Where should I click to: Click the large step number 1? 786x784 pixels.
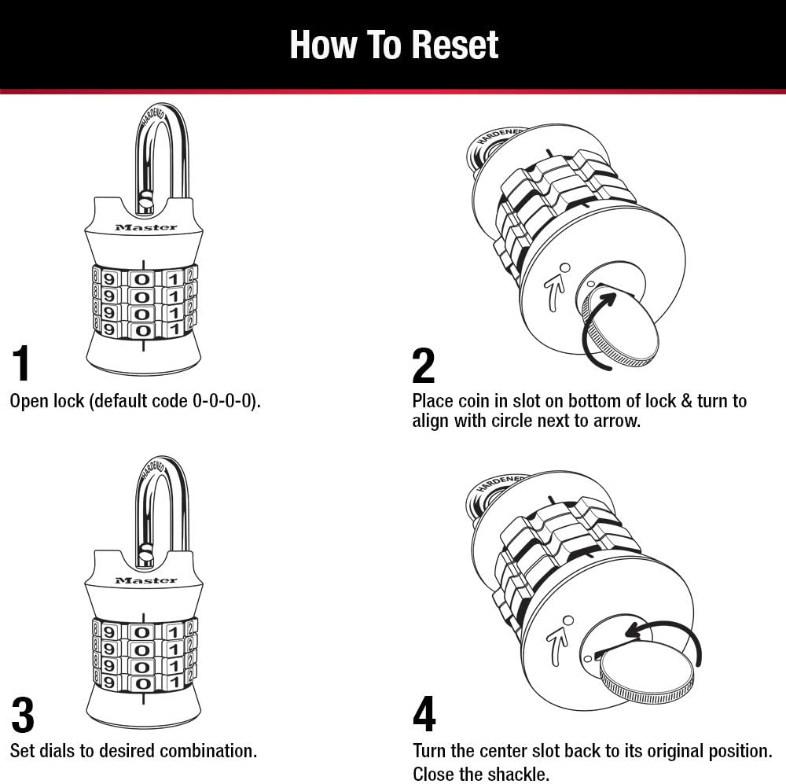[x=22, y=363]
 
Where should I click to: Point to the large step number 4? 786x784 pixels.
[x=424, y=715]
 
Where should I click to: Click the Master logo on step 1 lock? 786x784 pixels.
[x=146, y=227]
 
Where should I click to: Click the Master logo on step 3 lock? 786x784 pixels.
[x=146, y=580]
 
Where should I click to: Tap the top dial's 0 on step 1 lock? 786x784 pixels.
[x=141, y=278]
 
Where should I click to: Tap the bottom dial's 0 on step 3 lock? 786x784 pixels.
[x=141, y=681]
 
